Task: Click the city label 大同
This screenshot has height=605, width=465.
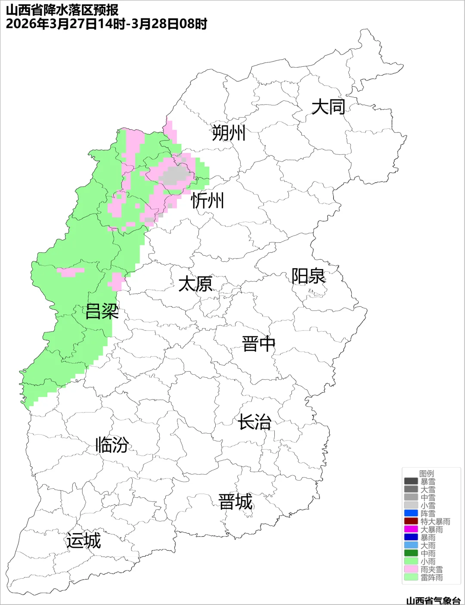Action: pyautogui.click(x=328, y=107)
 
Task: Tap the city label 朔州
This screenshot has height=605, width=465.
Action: pyautogui.click(x=229, y=133)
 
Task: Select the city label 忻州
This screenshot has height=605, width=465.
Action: pyautogui.click(x=208, y=201)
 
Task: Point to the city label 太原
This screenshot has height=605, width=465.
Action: pyautogui.click(x=195, y=284)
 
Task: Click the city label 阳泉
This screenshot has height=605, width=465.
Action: pyautogui.click(x=308, y=276)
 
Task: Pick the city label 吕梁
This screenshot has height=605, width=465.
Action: pyautogui.click(x=102, y=311)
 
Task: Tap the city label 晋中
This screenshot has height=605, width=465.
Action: pyautogui.click(x=258, y=344)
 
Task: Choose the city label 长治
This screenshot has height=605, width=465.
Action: pyautogui.click(x=254, y=422)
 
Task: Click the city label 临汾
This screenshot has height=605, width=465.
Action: pyautogui.click(x=112, y=445)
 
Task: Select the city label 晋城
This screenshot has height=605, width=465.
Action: pyautogui.click(x=236, y=502)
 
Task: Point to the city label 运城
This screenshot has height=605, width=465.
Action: pyautogui.click(x=84, y=541)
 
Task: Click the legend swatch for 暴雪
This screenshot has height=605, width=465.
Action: pyautogui.click(x=411, y=481)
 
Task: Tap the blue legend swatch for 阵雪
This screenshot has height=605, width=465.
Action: pyautogui.click(x=411, y=513)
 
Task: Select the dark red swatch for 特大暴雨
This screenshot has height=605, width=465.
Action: pyautogui.click(x=411, y=521)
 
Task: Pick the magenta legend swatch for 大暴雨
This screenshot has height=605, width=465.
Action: pyautogui.click(x=411, y=529)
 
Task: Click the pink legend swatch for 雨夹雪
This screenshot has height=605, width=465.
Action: pyautogui.click(x=411, y=569)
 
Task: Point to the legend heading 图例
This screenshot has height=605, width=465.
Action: pyautogui.click(x=427, y=473)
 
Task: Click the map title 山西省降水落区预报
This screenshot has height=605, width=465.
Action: pyautogui.click(x=62, y=10)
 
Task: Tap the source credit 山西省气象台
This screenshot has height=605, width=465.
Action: pyautogui.click(x=433, y=600)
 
